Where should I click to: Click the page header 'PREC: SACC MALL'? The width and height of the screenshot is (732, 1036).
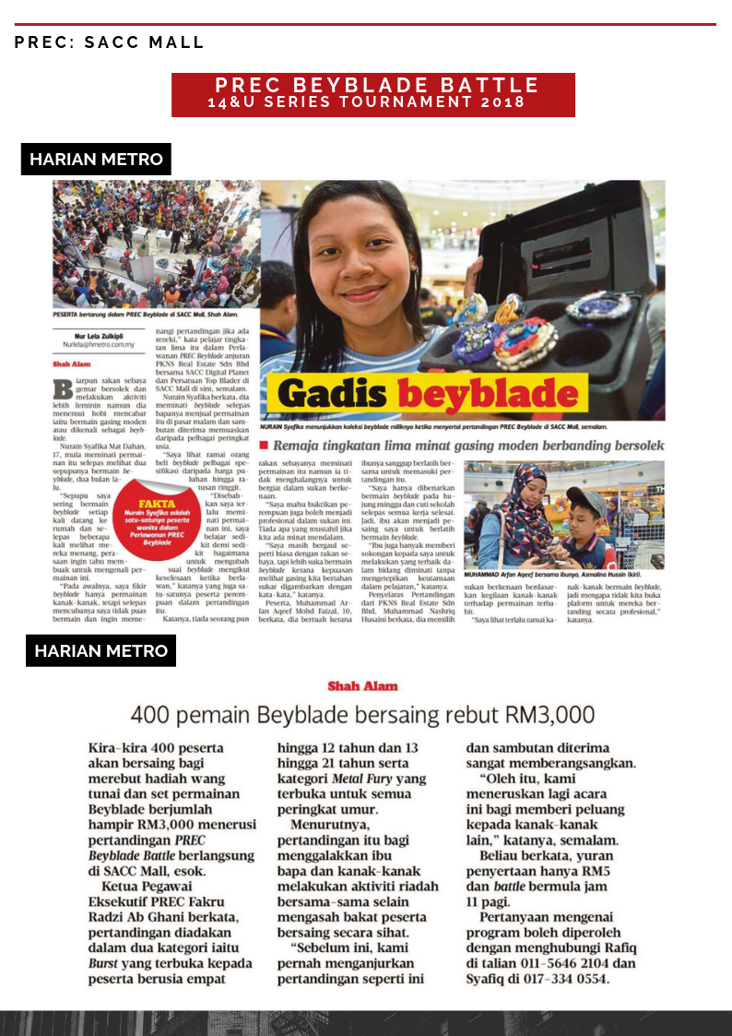(x=109, y=42)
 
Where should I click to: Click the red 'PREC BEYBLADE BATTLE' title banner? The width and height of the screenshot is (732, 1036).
(x=373, y=94)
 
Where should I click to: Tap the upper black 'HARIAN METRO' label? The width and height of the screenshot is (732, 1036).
(x=96, y=160)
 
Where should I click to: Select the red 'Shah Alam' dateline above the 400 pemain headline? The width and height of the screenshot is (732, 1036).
(x=362, y=686)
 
